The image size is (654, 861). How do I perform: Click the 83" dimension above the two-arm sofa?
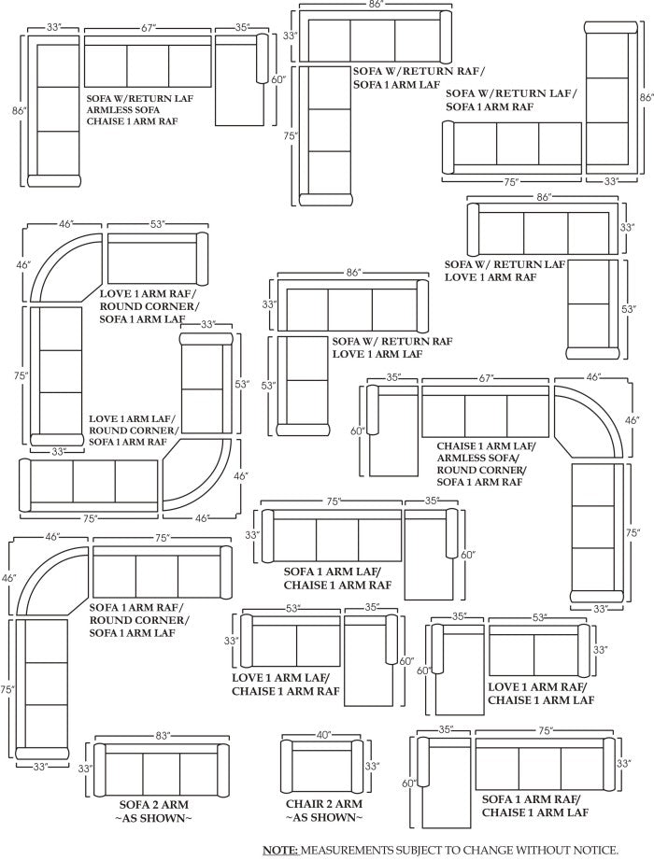pos(163,736)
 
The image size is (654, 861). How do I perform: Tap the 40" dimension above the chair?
pos(323,735)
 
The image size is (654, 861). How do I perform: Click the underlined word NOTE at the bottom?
pos(278,850)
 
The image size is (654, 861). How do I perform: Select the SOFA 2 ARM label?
pos(156,804)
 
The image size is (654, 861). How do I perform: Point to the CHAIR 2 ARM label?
pos(323,804)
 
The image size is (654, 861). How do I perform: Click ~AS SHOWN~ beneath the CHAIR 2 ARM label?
pos(323,818)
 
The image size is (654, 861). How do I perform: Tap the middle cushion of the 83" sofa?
pos(162,771)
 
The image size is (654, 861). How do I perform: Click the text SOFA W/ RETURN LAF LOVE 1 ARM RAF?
pos(505,271)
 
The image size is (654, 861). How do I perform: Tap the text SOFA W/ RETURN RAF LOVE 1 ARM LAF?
pos(392,347)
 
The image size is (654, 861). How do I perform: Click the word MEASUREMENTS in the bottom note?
pos(357,850)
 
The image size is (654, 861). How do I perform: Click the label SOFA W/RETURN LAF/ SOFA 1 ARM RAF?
pos(510,100)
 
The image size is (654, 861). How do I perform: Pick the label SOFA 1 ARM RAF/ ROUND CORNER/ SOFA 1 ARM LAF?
pos(138,620)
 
